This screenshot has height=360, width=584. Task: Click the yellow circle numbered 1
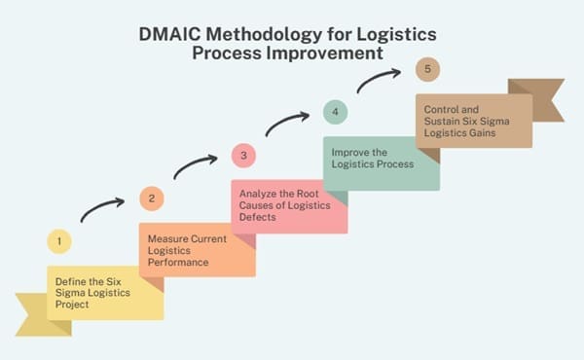pos(58,240)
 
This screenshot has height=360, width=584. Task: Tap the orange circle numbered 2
pos(151,198)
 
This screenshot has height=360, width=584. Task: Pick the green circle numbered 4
pos(335,113)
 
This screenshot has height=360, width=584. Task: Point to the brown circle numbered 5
pos(426,70)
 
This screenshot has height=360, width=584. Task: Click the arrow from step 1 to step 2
pos(102,208)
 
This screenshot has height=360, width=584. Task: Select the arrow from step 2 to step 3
pos(195,164)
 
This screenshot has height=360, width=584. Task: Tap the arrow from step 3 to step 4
pos(287,123)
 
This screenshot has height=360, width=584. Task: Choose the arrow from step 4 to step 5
pos(380,80)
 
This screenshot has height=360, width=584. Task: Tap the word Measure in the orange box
pos(167,238)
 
